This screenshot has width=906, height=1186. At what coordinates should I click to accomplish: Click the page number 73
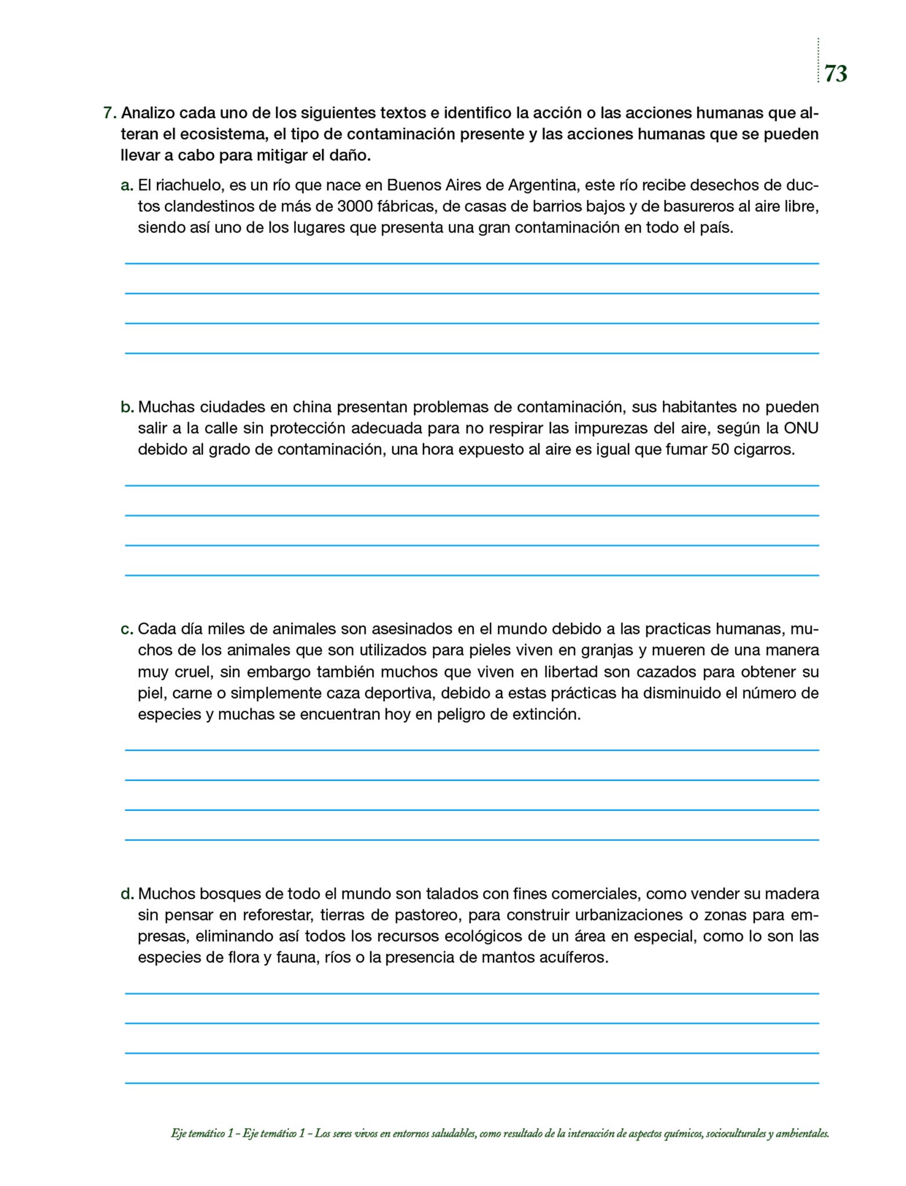tap(835, 74)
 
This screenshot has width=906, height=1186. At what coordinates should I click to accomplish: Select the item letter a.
tap(127, 186)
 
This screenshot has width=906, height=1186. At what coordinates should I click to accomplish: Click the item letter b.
tap(127, 407)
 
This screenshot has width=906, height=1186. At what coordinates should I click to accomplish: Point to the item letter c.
tap(127, 629)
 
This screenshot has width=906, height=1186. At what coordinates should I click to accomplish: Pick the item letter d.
tap(127, 894)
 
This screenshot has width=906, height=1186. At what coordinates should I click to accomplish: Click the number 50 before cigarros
tap(720, 450)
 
